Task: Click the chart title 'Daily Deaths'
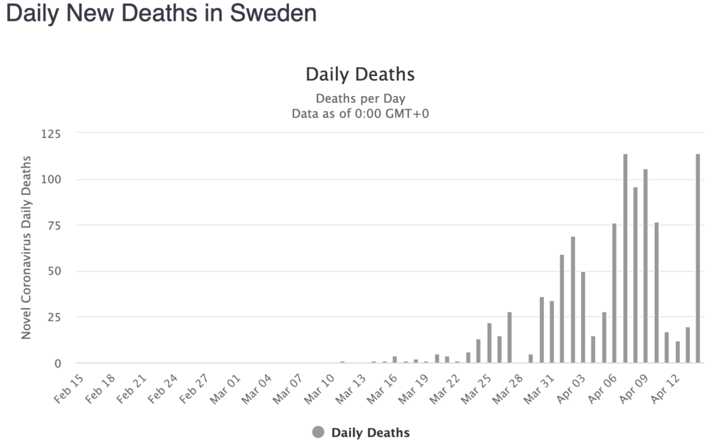point(360,74)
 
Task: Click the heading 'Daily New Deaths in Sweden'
point(161,14)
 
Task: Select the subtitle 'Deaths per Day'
point(360,98)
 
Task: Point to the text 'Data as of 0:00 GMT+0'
point(360,113)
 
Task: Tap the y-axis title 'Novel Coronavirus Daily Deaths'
point(26,247)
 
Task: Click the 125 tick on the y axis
point(51,133)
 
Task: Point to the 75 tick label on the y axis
point(53,225)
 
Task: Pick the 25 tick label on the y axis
point(53,317)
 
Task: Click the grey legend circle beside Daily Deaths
point(318,432)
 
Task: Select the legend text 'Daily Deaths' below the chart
point(370,432)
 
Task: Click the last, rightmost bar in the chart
point(698,258)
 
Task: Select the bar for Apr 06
point(614,293)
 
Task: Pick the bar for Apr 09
point(646,266)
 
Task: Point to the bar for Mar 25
point(489,343)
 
